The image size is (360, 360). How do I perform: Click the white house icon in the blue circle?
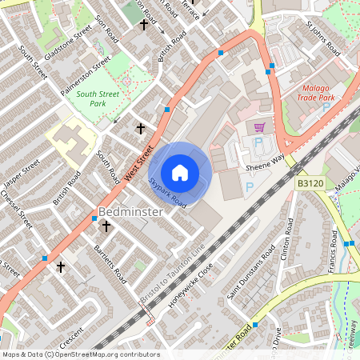pyautogui.click(x=180, y=172)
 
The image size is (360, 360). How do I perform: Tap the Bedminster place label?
pyautogui.click(x=130, y=212)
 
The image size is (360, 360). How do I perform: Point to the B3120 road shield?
pyautogui.click(x=310, y=184)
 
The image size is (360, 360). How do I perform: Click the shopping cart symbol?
pyautogui.click(x=258, y=127)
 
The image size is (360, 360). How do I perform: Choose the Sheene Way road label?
pyautogui.click(x=266, y=163)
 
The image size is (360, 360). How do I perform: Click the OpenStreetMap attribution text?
pyautogui.click(x=80, y=354)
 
